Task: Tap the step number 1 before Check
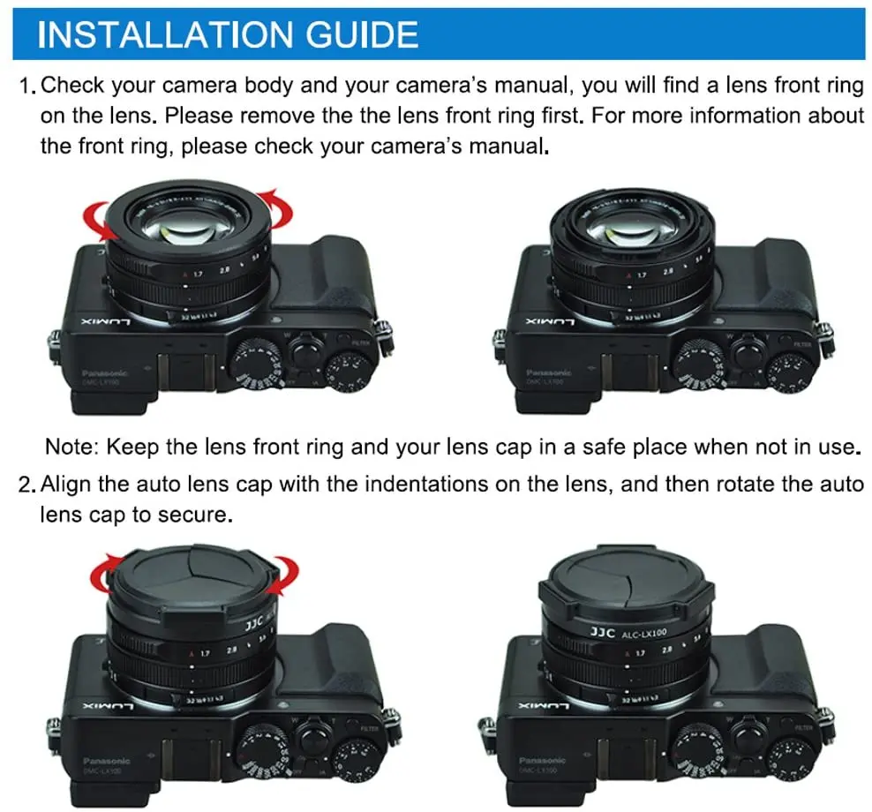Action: (26, 86)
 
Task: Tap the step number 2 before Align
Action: (27, 485)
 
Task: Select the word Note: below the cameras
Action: (75, 447)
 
